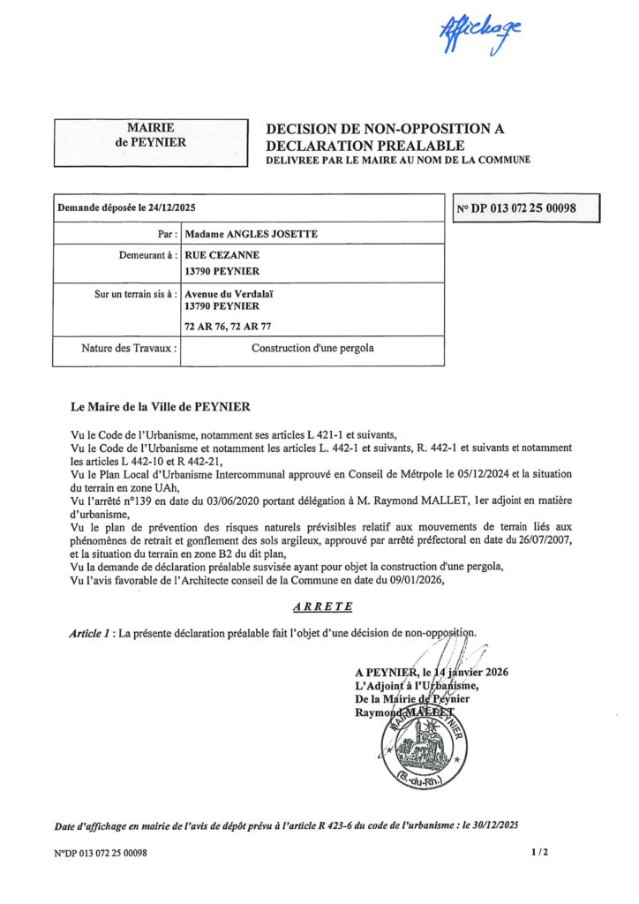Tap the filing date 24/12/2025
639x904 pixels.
174,209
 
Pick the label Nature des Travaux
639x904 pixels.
130,349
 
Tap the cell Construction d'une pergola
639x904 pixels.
312,349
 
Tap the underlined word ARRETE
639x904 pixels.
321,606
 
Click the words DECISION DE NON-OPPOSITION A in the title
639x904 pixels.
385,129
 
